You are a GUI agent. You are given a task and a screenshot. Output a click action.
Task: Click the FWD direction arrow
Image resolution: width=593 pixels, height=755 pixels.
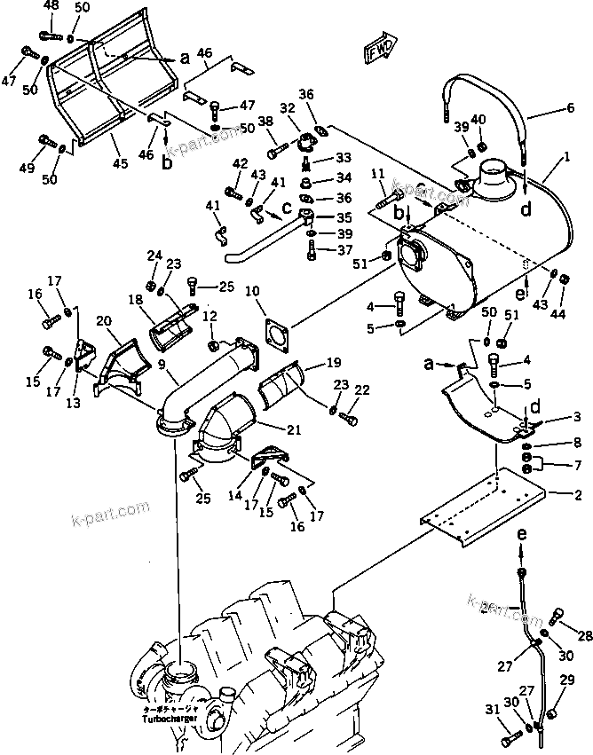[x=378, y=53]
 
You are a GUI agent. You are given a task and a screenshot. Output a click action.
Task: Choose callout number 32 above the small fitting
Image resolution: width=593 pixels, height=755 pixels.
[x=287, y=108]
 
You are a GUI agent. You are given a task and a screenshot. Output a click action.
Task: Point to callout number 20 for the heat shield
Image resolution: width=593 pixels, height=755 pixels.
[x=104, y=321]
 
